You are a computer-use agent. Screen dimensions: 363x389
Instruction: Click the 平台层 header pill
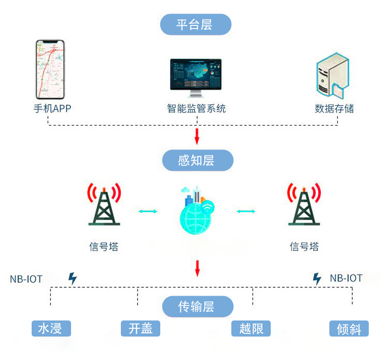point(196,25)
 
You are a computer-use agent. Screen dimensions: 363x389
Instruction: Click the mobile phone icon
point(50,69)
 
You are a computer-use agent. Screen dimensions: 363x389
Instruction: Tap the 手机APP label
point(52,109)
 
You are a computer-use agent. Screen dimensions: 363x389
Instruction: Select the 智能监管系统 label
point(197,109)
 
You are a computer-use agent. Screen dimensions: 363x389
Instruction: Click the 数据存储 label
point(335,109)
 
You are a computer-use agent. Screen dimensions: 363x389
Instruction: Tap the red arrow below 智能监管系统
point(197,136)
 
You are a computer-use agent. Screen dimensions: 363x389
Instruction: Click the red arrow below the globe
point(197,268)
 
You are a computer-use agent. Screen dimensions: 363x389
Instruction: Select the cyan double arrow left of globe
point(148,211)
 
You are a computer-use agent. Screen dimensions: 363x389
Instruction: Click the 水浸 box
point(50,328)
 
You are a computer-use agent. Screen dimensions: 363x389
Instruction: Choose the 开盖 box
point(141,328)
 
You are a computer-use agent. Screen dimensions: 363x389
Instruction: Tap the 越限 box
point(251,328)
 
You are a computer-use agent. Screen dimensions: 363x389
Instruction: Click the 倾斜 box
point(349,329)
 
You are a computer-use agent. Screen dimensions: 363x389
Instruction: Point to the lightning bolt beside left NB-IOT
point(73,278)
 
